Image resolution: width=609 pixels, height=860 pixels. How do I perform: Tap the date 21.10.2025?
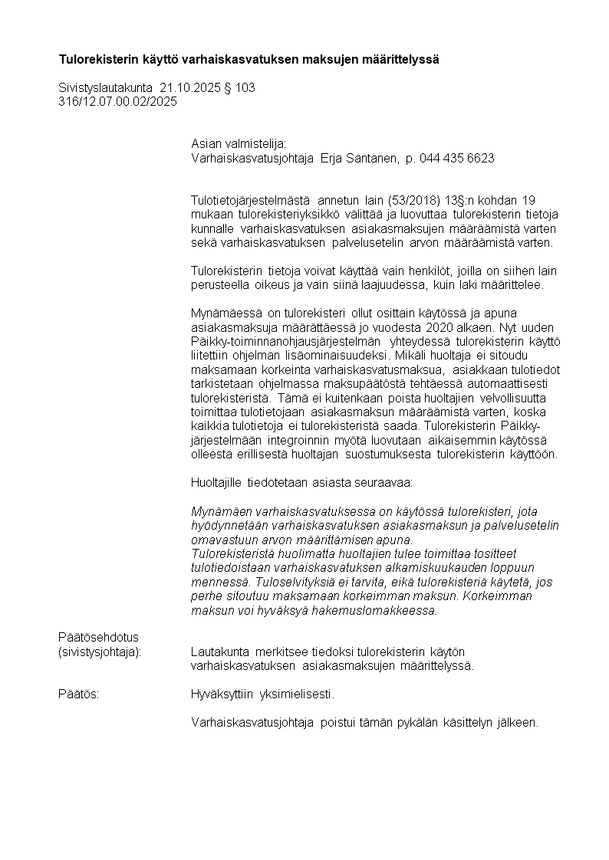click(x=189, y=88)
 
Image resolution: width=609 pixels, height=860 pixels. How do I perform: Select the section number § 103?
click(x=239, y=88)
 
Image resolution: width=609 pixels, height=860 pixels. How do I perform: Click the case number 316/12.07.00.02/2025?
click(x=117, y=101)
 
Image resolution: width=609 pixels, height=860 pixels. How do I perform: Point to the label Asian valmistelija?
click(x=238, y=144)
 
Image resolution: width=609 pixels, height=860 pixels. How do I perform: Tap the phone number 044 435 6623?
click(x=456, y=158)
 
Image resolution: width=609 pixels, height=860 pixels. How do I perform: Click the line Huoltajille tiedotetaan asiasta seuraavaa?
click(x=301, y=483)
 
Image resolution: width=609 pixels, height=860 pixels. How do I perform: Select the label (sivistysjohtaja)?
click(x=100, y=652)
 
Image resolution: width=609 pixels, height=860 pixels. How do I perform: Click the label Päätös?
click(x=79, y=694)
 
